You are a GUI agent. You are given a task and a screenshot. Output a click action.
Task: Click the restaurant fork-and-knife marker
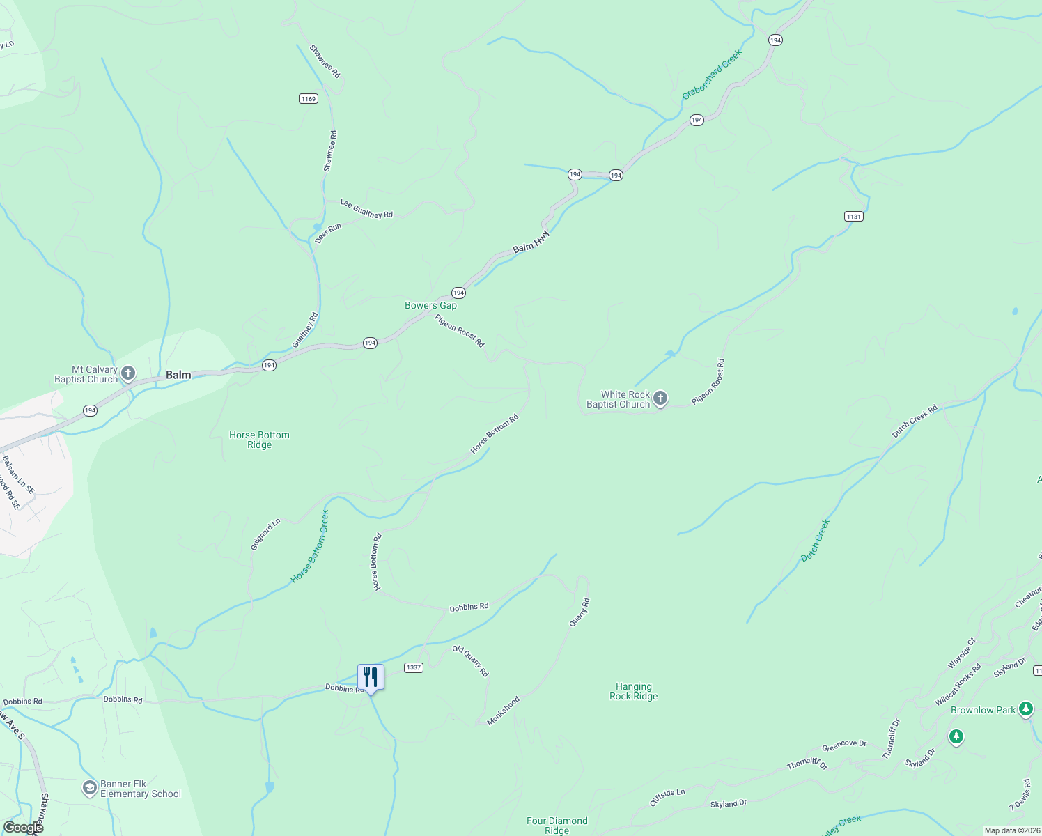(371, 677)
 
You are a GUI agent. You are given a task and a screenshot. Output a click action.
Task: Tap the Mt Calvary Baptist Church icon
(128, 374)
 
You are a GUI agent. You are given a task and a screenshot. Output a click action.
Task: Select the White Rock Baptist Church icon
(660, 399)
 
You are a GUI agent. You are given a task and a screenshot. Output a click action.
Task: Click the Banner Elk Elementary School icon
(89, 789)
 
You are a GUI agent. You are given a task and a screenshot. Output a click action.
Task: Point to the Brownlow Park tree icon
(1025, 709)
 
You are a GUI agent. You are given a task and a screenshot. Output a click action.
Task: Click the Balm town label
(178, 375)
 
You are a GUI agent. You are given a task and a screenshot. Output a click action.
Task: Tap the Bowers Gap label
(430, 305)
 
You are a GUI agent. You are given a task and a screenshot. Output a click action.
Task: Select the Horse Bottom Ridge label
(259, 440)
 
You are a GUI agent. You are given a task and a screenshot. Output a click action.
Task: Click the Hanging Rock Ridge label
(633, 691)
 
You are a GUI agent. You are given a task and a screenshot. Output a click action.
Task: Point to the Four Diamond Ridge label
(557, 826)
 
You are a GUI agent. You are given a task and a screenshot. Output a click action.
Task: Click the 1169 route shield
(309, 99)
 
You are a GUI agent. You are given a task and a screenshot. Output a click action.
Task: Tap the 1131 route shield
(854, 217)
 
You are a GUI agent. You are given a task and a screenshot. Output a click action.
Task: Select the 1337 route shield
(414, 667)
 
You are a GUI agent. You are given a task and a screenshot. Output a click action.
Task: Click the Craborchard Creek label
(712, 74)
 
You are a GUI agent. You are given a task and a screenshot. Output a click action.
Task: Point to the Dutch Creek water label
(815, 541)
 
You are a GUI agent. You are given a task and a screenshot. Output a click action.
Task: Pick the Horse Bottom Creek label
(310, 547)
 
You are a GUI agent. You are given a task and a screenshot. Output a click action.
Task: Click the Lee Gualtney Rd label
(366, 209)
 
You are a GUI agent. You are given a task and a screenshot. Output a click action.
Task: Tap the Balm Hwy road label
(531, 242)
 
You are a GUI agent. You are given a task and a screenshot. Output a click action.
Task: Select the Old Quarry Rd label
(471, 661)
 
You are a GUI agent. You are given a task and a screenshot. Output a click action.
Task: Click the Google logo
(24, 828)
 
